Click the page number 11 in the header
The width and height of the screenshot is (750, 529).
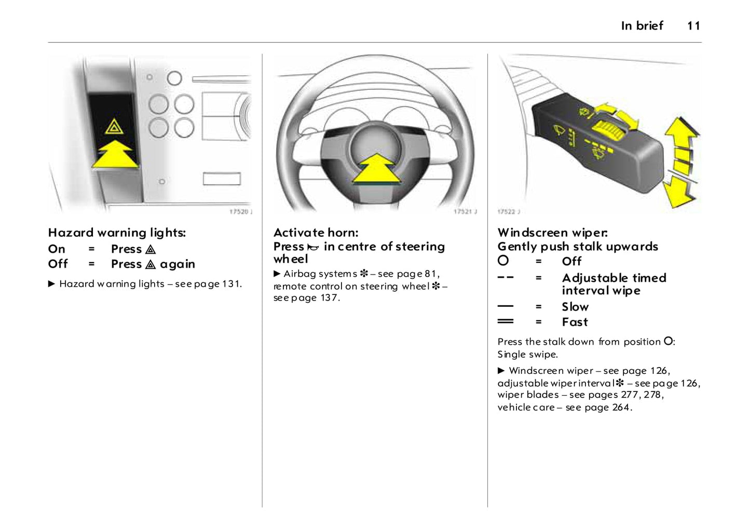[x=693, y=26]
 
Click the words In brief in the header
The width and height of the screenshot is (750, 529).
[x=642, y=26]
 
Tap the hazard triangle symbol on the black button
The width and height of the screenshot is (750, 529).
[x=114, y=126]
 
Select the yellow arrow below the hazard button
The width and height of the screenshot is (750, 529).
[x=115, y=154]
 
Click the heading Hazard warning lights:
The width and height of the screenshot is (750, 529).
[x=117, y=233]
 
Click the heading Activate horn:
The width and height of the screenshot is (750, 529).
[x=316, y=233]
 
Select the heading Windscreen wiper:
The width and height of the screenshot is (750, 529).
[x=552, y=233]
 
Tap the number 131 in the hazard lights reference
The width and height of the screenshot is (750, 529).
[x=231, y=284]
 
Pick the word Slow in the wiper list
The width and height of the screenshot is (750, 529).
[x=575, y=307]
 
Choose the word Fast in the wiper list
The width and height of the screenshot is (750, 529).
[x=575, y=322]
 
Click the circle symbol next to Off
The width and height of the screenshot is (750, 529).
[x=503, y=261]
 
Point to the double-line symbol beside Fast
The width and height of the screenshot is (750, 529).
[x=505, y=321]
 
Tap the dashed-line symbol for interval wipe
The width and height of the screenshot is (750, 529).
[x=505, y=278]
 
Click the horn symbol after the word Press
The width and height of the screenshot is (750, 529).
[x=313, y=248]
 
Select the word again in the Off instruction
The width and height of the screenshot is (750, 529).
[x=178, y=264]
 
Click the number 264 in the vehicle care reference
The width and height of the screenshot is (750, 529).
[x=621, y=408]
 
